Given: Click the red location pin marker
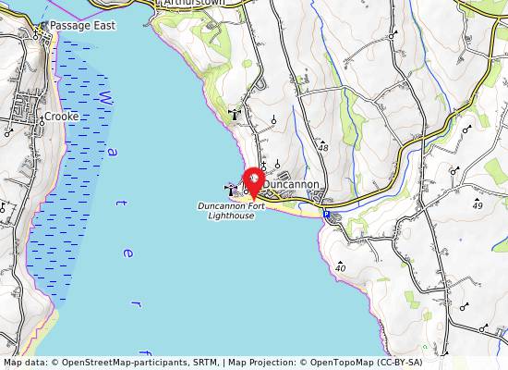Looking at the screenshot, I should click(253, 179).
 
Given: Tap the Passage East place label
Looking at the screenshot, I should click(82, 26).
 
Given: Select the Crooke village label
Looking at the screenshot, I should click(62, 117).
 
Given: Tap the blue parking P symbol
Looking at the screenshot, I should click(326, 215).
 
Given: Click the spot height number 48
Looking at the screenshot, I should click(322, 148).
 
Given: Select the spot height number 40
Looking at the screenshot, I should click(341, 268).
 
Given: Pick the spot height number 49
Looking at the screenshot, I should click(477, 205).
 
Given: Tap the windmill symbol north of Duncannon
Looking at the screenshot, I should click(234, 115).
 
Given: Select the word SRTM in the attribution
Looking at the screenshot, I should click(175, 363).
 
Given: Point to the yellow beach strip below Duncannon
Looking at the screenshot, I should click(296, 208).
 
